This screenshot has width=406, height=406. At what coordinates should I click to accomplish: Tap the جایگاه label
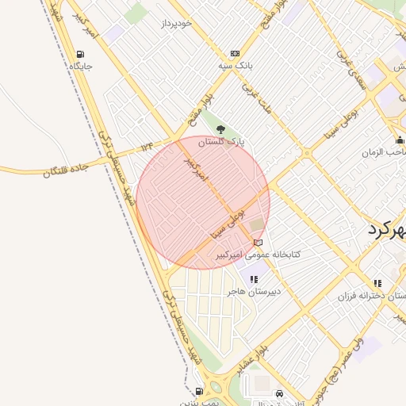(82, 67)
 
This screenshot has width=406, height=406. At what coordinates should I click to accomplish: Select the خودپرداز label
(176, 24)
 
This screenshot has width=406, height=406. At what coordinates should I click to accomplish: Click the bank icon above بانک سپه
(235, 52)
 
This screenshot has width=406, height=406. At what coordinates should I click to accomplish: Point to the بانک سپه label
(236, 64)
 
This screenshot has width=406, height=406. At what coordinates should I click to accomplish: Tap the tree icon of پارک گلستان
(221, 130)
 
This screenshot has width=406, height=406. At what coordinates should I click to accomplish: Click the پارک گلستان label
(221, 142)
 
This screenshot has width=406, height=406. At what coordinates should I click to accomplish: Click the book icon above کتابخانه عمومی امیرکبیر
(257, 243)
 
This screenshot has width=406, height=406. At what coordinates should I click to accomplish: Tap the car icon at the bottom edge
(279, 394)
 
